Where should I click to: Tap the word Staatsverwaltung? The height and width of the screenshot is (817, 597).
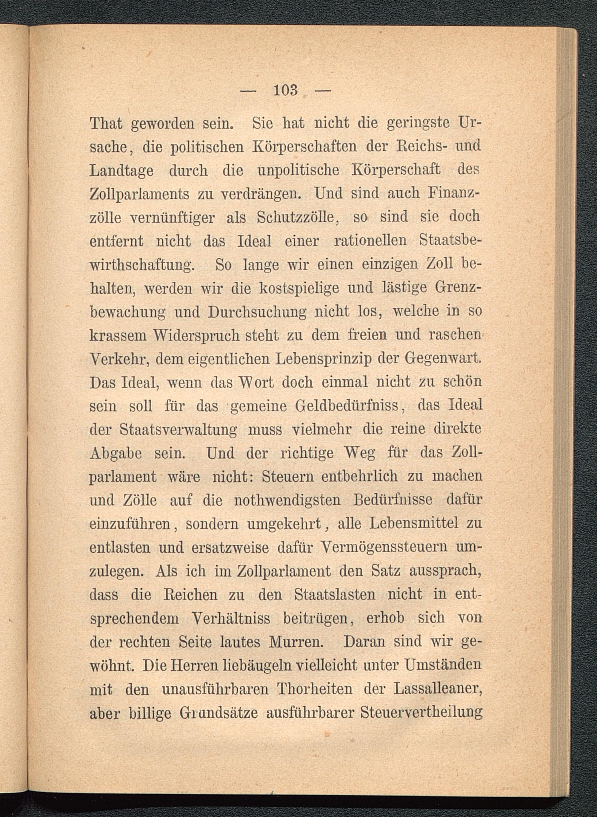(178, 430)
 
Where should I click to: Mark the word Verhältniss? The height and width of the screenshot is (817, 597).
(231, 619)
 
